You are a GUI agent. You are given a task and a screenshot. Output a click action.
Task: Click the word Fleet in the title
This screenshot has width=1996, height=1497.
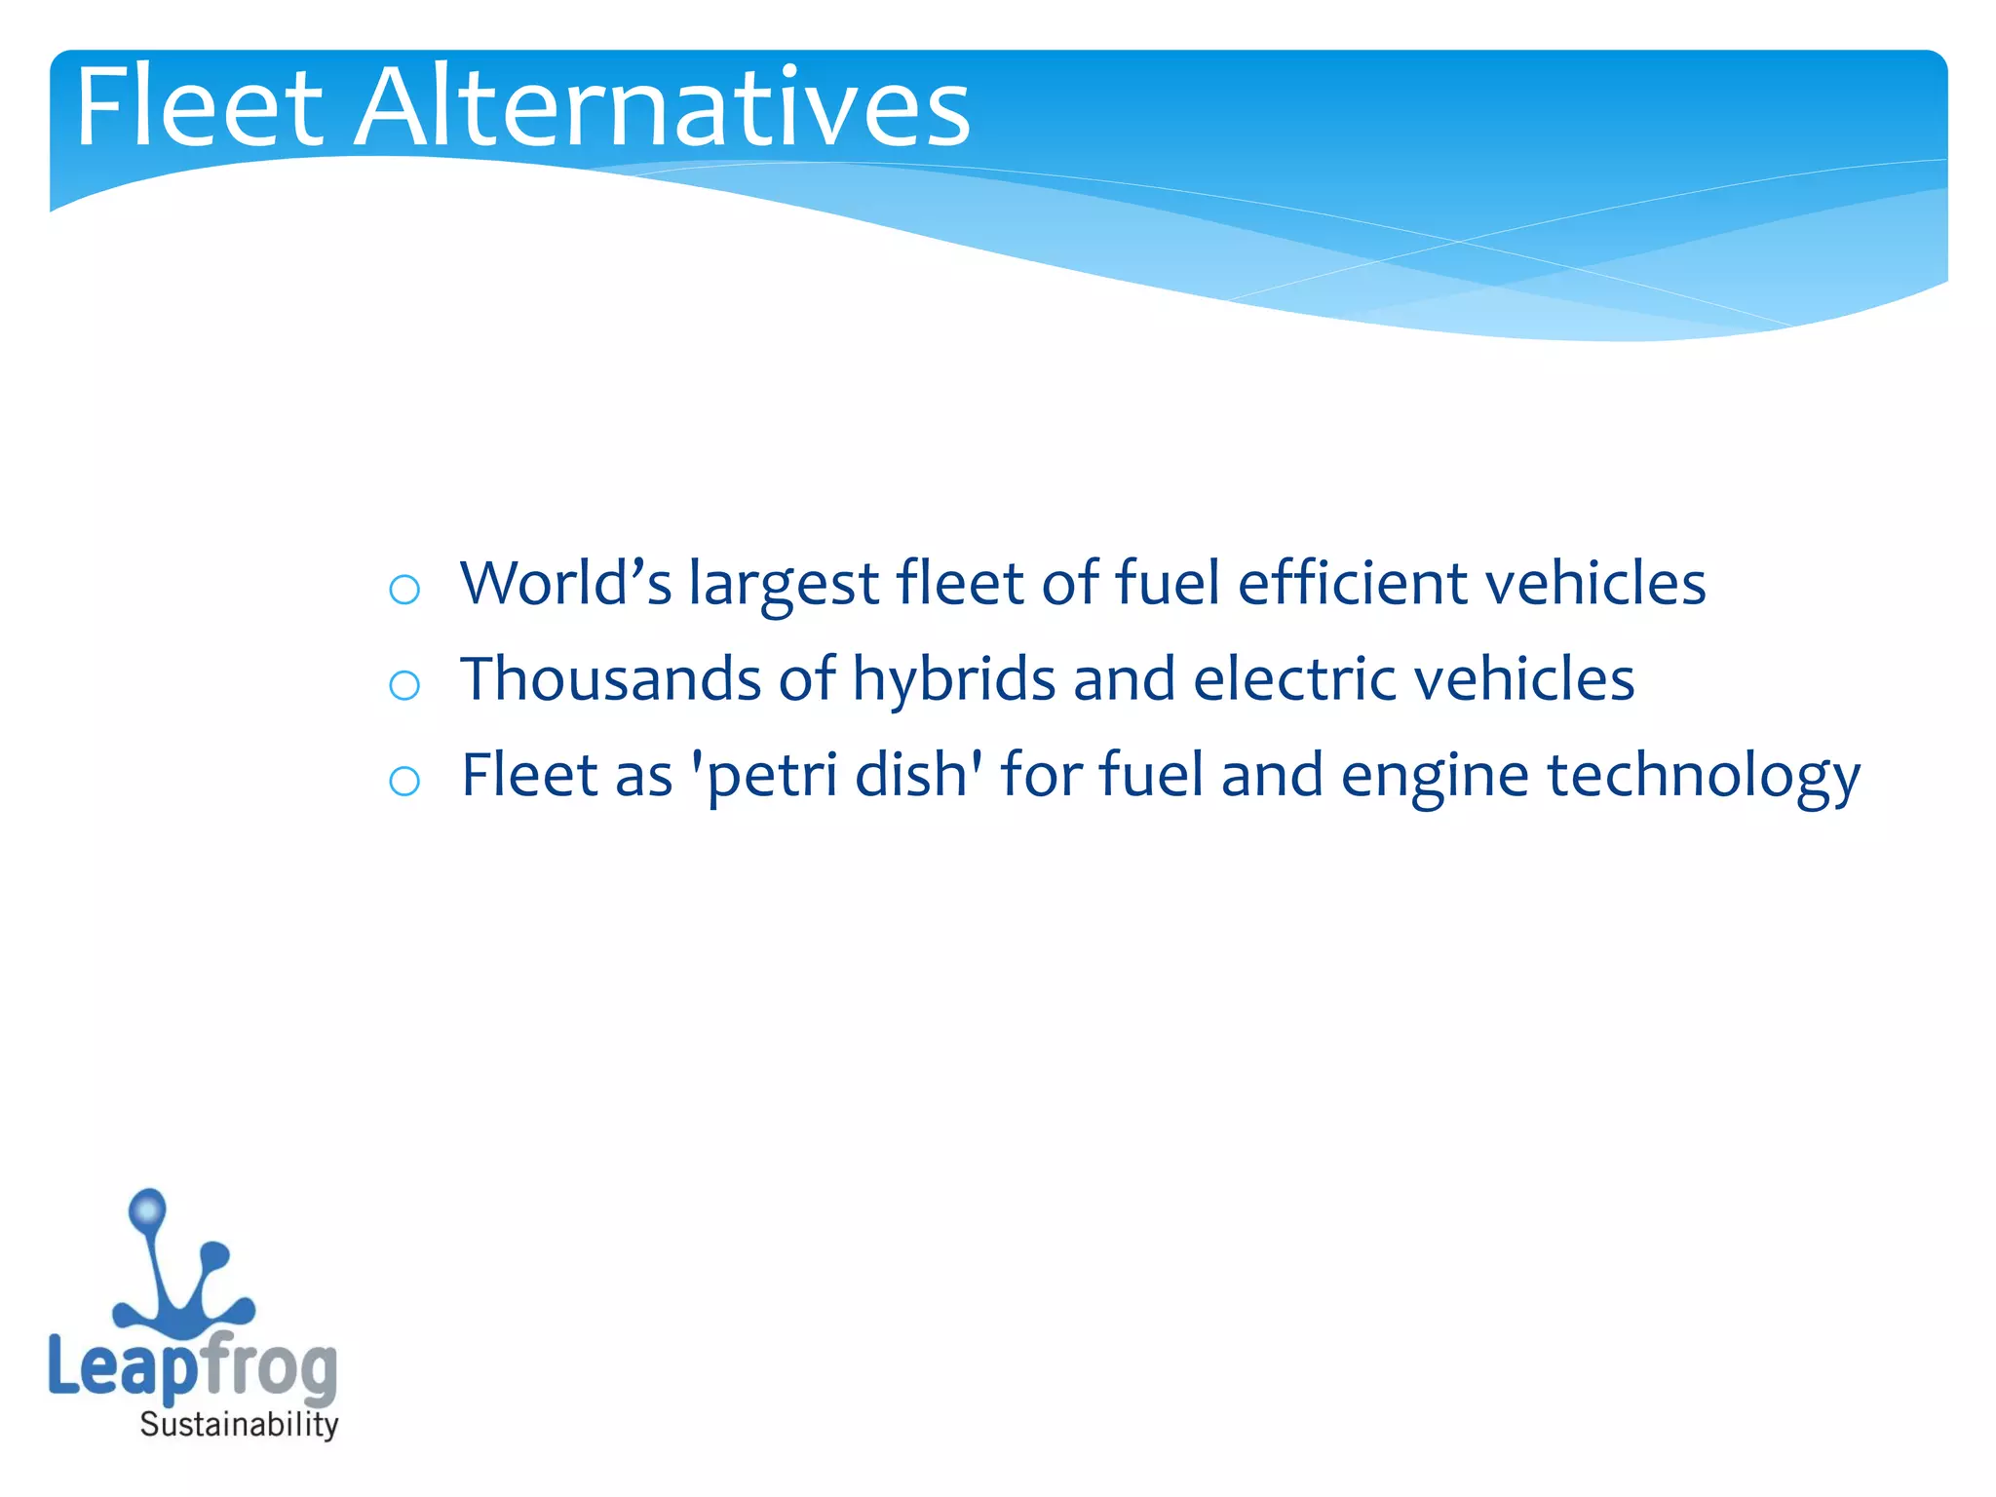click(199, 106)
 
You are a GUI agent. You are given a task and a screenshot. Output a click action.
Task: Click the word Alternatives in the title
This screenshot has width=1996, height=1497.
click(662, 106)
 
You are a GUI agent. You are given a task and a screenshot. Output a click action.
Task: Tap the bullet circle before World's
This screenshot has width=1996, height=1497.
click(404, 590)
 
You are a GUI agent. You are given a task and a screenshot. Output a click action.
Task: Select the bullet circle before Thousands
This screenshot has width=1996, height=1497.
click(404, 685)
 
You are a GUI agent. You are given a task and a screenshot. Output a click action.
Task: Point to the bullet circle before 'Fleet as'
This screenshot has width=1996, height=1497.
click(404, 781)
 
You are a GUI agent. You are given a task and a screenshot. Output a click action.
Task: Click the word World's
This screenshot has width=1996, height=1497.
click(566, 583)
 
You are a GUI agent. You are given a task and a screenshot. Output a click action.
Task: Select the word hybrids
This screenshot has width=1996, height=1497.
click(954, 678)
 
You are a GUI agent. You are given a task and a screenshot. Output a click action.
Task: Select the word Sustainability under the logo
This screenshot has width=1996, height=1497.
click(239, 1425)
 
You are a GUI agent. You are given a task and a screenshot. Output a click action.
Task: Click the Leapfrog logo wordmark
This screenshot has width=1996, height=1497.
click(193, 1366)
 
